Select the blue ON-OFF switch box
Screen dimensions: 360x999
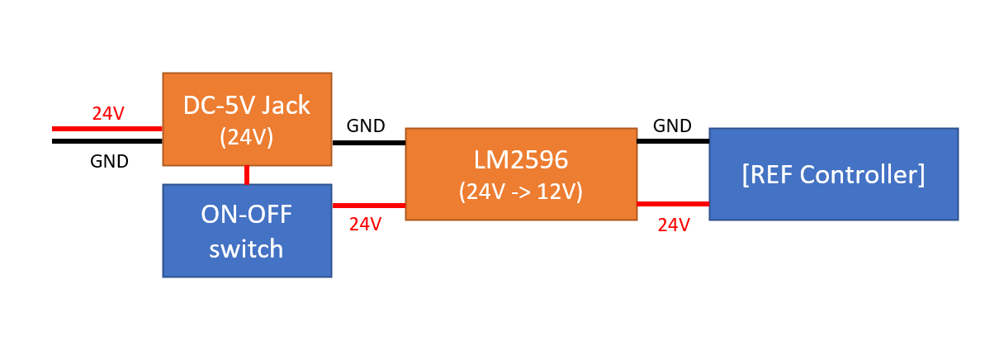[247, 230]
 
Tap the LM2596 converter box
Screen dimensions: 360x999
[521, 173]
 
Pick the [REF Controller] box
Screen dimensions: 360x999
[833, 173]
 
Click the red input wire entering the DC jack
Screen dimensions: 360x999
[107, 129]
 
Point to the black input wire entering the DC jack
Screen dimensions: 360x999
[107, 141]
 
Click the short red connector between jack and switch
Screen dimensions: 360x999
[247, 174]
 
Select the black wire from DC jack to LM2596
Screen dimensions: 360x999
[368, 142]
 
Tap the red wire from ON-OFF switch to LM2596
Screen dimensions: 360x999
[368, 206]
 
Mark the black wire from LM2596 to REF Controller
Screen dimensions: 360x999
[672, 141]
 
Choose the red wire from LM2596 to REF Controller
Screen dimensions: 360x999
[672, 203]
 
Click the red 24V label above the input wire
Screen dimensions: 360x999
[107, 114]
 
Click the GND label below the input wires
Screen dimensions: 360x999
[109, 162]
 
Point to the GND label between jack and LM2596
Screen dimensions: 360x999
[366, 126]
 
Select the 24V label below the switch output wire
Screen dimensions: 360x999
[365, 224]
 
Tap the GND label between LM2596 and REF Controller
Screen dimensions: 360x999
[672, 126]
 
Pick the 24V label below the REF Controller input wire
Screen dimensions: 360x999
[674, 225]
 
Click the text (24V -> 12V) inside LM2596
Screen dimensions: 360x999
[521, 192]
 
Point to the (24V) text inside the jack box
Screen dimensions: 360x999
[247, 138]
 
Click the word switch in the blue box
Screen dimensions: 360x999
[247, 249]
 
